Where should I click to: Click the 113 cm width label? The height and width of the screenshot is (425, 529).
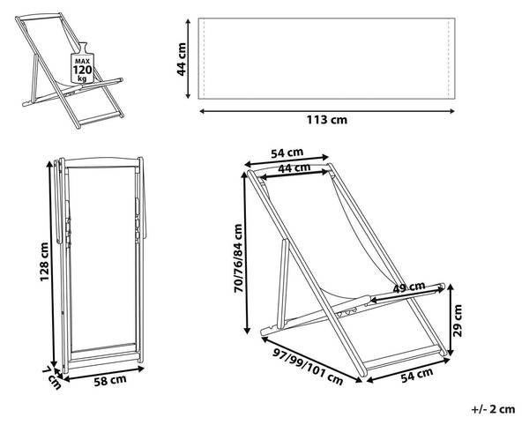pyautogui.click(x=326, y=121)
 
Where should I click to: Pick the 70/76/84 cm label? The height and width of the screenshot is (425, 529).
pyautogui.click(x=237, y=257)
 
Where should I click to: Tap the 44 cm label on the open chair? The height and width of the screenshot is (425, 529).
pyautogui.click(x=294, y=168)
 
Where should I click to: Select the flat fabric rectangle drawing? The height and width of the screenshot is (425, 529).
pyautogui.click(x=327, y=58)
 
